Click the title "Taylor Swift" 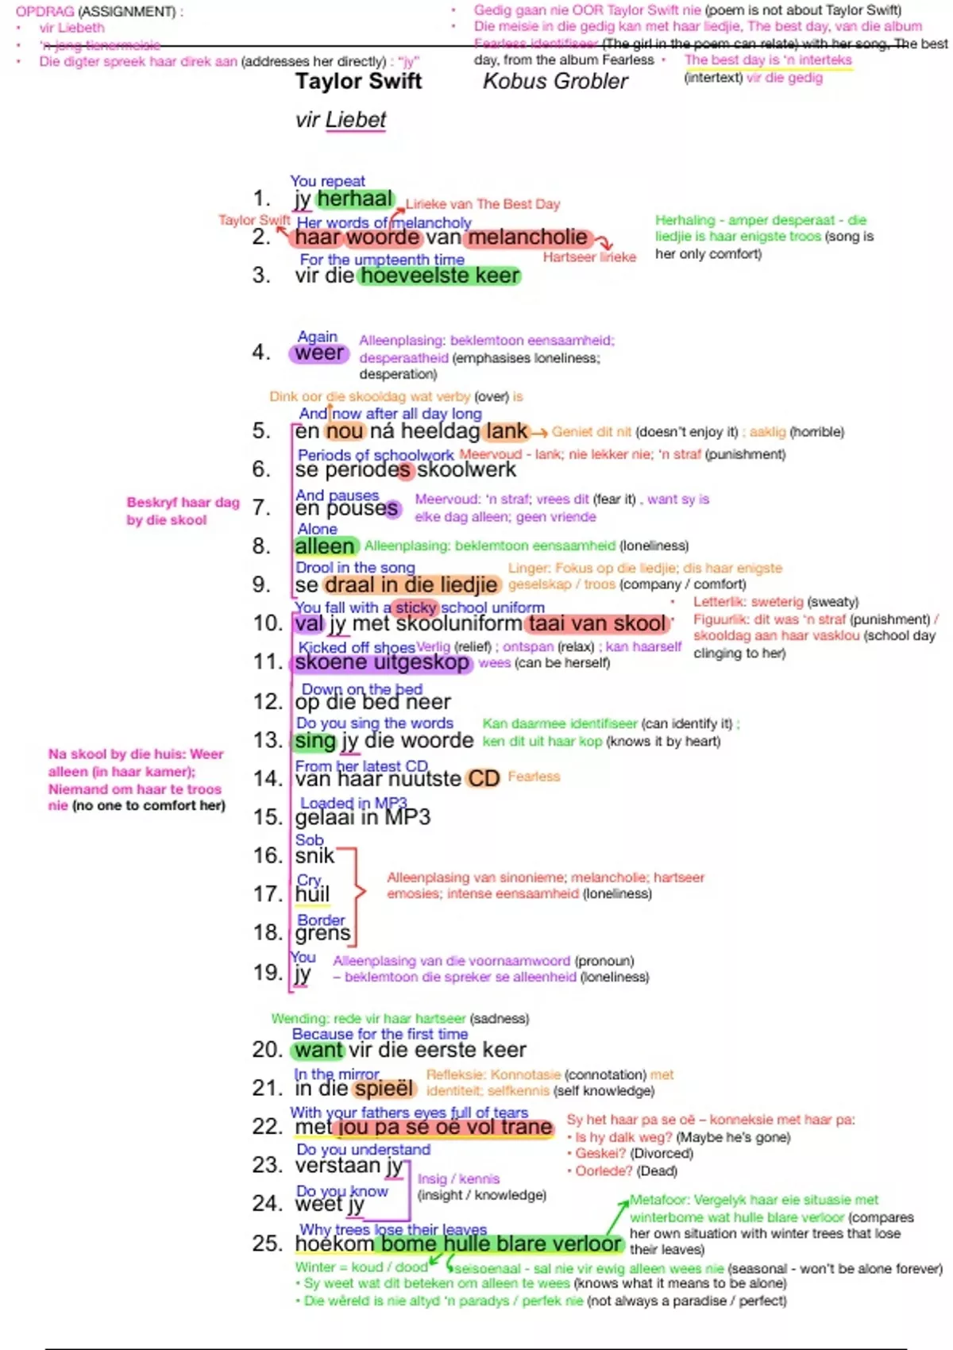[x=358, y=81]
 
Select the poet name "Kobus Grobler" [x=555, y=81]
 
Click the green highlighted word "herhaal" [x=355, y=199]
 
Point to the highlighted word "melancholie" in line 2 [x=528, y=237]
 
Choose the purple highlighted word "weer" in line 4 [x=319, y=353]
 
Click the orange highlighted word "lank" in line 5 [x=507, y=431]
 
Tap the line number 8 [x=262, y=546]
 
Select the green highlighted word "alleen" [x=324, y=546]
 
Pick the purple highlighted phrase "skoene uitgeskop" [x=381, y=662]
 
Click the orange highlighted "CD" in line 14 [x=483, y=778]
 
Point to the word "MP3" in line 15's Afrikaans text [x=407, y=817]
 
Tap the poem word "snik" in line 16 [x=314, y=855]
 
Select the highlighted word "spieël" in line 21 [x=384, y=1088]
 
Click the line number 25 [x=267, y=1243]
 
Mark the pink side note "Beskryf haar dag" [x=183, y=503]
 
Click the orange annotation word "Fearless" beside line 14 [x=534, y=777]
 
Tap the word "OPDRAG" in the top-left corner [x=44, y=12]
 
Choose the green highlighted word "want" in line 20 [x=318, y=1050]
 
